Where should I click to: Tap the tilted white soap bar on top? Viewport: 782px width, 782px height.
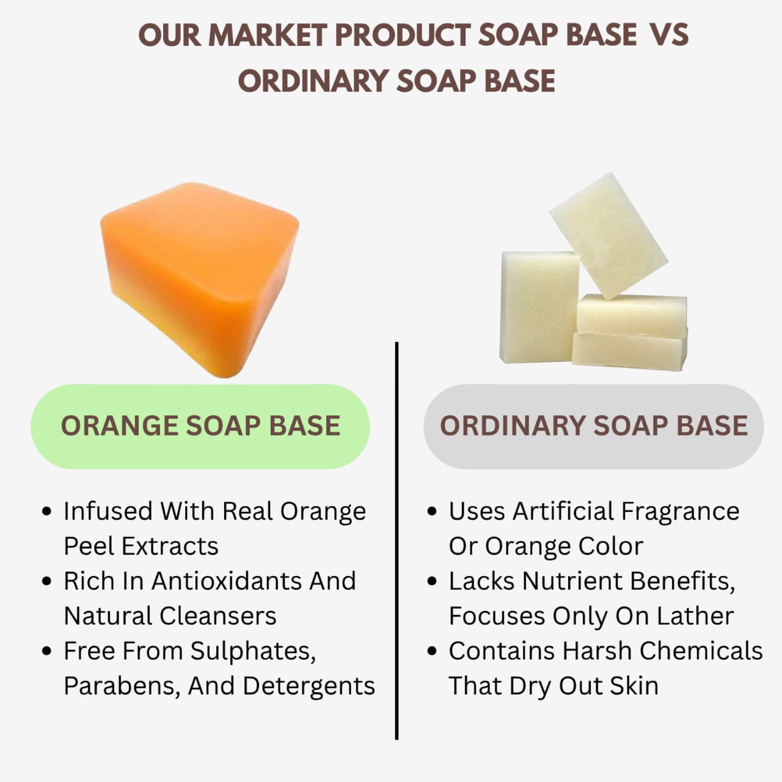click(608, 235)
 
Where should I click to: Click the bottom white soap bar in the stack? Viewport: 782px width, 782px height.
click(629, 351)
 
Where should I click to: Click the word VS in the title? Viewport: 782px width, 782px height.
click(669, 35)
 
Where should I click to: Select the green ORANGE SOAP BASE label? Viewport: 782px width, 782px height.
click(200, 426)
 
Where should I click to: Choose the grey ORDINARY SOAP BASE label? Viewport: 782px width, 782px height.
click(593, 426)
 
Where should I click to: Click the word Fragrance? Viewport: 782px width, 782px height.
click(680, 511)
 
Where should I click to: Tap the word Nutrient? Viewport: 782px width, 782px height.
click(573, 581)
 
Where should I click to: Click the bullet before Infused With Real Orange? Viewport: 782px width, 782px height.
click(47, 511)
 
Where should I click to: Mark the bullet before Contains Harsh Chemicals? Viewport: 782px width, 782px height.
click(433, 651)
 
